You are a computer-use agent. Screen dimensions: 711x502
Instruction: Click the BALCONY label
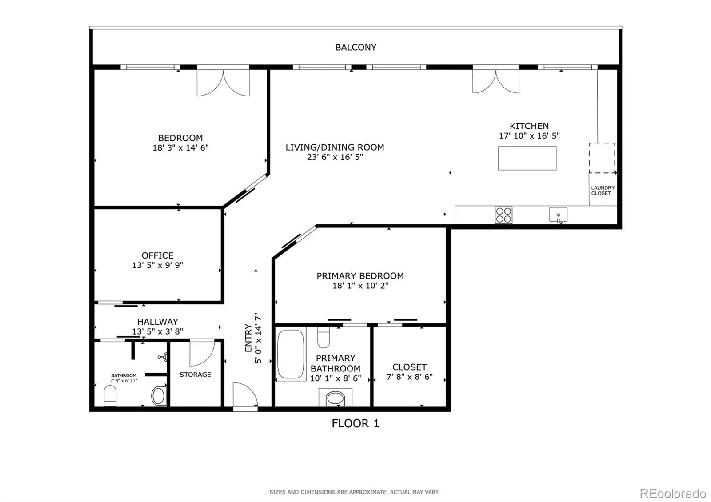pos(355,47)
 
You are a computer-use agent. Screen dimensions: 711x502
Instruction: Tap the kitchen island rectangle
pos(527,158)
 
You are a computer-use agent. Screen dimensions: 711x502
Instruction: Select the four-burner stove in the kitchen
pos(503,215)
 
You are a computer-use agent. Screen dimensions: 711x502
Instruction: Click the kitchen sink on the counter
pos(558,215)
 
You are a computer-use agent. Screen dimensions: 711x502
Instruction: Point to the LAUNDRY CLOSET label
pos(603,191)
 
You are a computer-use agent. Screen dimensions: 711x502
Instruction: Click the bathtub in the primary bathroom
pos(291,354)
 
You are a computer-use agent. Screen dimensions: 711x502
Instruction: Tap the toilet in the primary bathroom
pos(324,337)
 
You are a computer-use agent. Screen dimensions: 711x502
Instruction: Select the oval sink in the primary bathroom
pos(335,398)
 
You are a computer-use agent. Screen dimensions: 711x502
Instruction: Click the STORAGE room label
pos(195,375)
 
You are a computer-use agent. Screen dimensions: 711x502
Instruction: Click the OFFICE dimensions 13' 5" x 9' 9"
pos(157,265)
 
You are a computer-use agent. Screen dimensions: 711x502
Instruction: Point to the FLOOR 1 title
pos(355,423)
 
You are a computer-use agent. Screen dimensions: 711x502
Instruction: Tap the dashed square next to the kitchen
pos(602,158)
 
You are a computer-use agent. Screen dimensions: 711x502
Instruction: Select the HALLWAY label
pos(157,322)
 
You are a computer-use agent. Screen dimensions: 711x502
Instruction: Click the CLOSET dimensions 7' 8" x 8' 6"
pos(409,377)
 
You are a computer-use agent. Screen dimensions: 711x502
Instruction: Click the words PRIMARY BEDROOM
pos(360,276)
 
